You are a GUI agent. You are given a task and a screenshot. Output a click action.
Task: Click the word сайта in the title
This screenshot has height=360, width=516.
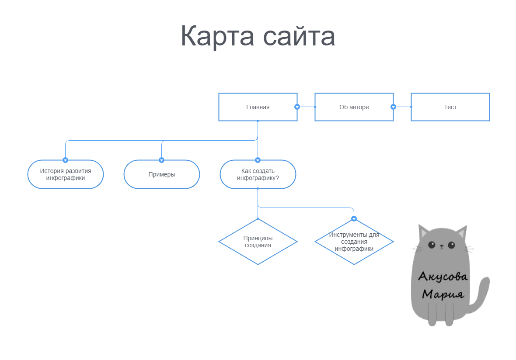[x=300, y=36]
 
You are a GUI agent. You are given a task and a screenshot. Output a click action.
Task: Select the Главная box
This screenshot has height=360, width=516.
[x=258, y=107]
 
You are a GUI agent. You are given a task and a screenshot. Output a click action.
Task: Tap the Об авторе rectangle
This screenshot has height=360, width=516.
[x=354, y=107]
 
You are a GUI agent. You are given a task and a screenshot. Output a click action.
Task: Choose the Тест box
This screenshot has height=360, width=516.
[x=450, y=107]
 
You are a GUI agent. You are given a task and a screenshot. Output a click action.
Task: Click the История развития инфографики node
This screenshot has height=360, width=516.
[x=66, y=174]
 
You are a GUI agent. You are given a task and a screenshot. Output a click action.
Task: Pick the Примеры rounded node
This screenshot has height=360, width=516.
[x=162, y=174]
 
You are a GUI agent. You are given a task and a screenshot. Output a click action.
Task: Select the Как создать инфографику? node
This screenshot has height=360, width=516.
[x=258, y=174]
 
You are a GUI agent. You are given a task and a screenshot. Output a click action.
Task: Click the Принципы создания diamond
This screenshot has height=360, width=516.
[x=258, y=242]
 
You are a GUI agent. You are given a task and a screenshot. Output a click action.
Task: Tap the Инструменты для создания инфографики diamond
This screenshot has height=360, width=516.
[x=354, y=242]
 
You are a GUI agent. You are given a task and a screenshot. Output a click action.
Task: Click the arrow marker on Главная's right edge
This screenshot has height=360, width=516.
[x=297, y=107]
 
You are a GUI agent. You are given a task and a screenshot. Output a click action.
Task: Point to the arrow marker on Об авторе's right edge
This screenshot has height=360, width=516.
[x=393, y=107]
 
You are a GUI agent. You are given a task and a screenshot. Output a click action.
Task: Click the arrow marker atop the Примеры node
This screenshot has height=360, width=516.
[x=162, y=160]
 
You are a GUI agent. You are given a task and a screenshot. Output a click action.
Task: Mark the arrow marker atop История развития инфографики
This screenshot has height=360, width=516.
[x=66, y=160]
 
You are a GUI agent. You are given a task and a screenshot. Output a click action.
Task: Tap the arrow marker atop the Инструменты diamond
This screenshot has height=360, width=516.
[x=354, y=218]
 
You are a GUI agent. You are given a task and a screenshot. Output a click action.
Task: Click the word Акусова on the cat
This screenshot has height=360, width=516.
[x=443, y=276]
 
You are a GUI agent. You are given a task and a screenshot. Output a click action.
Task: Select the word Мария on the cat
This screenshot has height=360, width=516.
[x=443, y=293]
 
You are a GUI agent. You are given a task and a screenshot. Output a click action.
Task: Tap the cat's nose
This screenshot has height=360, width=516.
[x=442, y=247]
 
